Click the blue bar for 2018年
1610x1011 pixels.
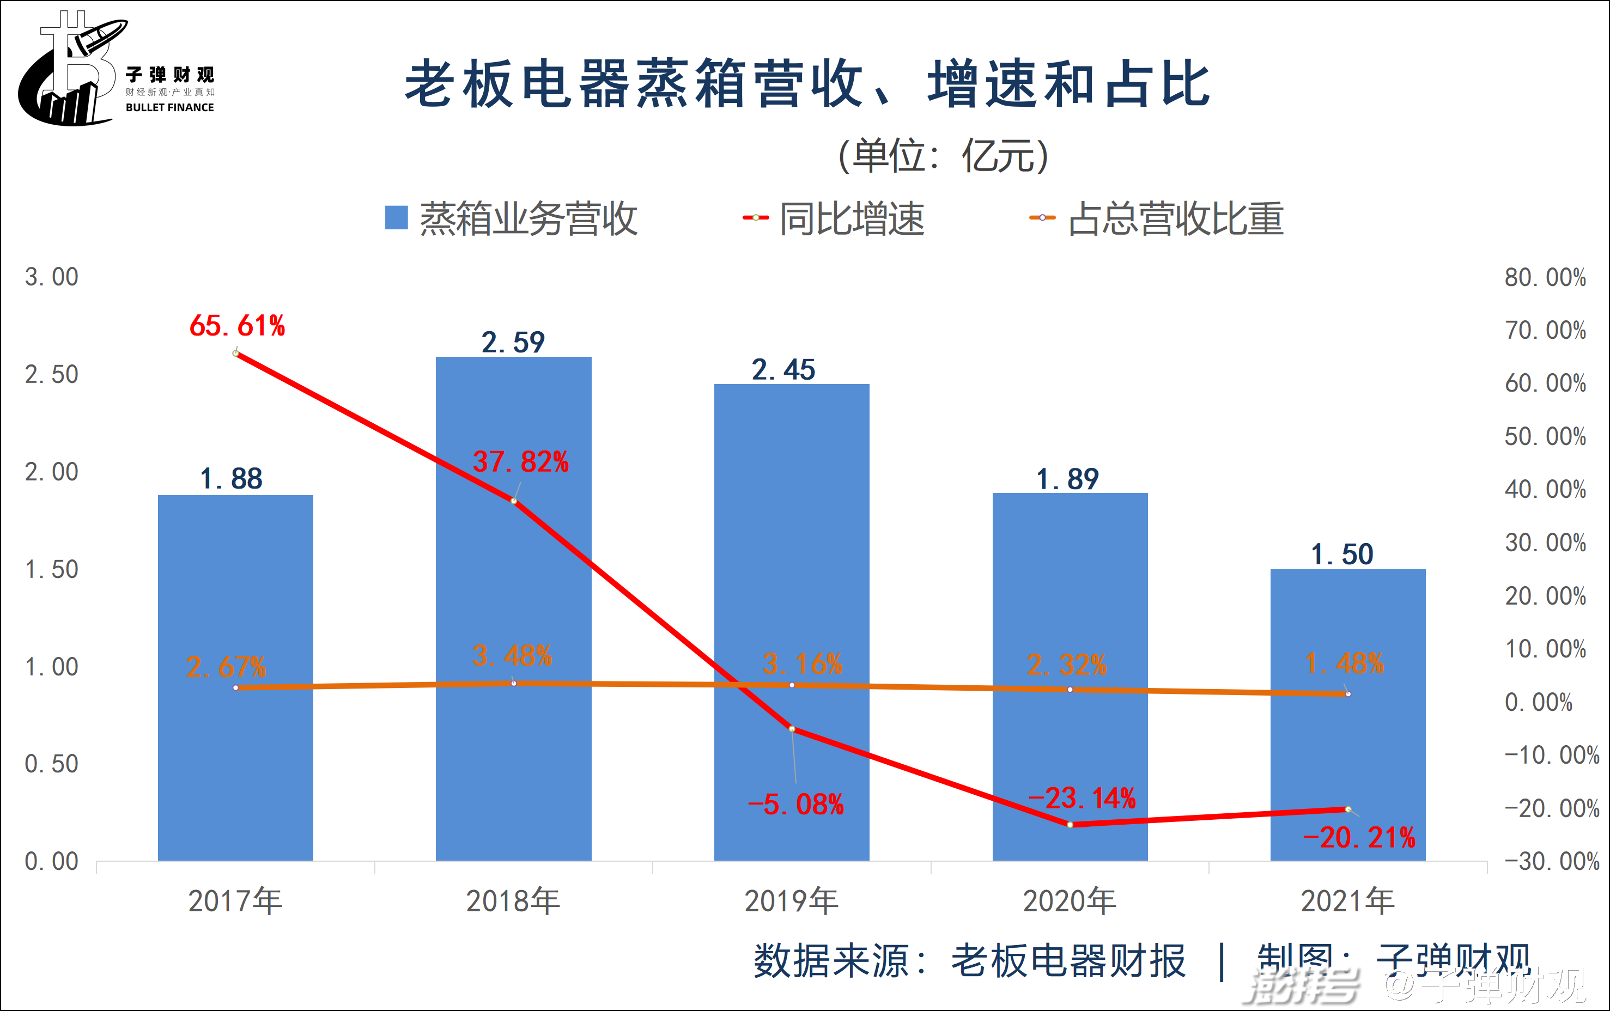(513, 608)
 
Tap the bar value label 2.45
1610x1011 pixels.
(783, 370)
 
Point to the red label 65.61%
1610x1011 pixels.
(238, 326)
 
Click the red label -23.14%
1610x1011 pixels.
(1082, 799)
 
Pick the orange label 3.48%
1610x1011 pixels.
(512, 656)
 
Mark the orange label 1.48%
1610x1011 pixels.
(1345, 663)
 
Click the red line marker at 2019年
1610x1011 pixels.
(792, 728)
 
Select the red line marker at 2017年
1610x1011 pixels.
(235, 353)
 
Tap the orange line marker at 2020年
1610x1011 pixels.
(1070, 690)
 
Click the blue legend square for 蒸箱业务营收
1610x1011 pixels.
(397, 217)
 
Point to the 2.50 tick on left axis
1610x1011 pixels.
(51, 374)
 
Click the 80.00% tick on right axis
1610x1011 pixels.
(1545, 277)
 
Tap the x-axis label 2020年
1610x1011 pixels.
(1070, 902)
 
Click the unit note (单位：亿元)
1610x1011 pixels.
(943, 156)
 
